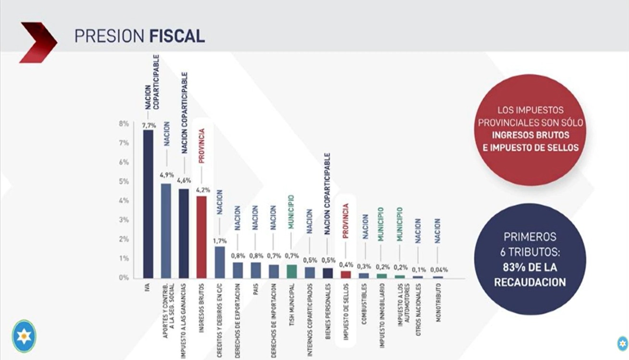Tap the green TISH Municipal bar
292,271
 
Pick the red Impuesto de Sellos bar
346,274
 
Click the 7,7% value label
148,125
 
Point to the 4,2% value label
203,190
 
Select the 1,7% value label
220,241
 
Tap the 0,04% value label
438,270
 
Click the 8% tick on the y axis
123,124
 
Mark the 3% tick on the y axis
123,220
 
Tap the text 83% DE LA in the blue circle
530,268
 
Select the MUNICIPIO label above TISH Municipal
292,211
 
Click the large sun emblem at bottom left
24,336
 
